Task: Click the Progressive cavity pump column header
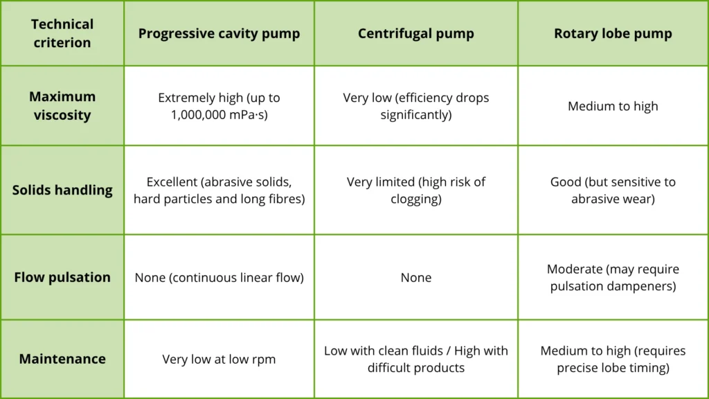pos(219,33)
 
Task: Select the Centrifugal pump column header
pos(416,33)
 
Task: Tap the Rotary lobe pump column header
pos(613,33)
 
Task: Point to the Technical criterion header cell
pos(62,33)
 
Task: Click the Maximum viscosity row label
pos(62,105)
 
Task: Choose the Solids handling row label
pos(62,190)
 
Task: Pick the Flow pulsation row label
pos(62,277)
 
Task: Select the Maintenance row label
pos(62,359)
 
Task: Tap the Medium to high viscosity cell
pos(613,106)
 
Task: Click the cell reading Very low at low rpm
pos(219,360)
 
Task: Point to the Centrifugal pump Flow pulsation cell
pos(416,277)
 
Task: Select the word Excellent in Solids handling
pos(172,182)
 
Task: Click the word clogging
pos(416,199)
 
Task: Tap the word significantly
pos(416,115)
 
